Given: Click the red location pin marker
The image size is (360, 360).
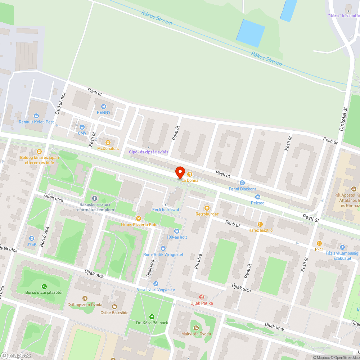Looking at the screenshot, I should click(180, 172).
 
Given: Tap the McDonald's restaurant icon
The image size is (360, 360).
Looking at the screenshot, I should click(108, 142).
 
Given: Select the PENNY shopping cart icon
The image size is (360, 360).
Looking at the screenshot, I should click(104, 106).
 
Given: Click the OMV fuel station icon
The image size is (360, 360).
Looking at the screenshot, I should click(82, 127).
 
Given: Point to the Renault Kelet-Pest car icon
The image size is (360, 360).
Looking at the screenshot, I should click(36, 116).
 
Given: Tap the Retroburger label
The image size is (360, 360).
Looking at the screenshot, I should click(207, 214).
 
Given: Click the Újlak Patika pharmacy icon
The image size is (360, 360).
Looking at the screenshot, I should click(202, 297).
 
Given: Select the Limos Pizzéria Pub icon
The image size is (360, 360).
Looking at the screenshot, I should click(138, 219).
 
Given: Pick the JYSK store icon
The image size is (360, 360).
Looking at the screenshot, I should click(32, 238).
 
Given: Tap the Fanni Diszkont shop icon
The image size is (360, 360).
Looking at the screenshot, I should click(242, 183).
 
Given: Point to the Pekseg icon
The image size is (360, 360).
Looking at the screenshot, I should click(257, 197).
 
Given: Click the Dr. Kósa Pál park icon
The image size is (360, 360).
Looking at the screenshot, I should click(152, 317).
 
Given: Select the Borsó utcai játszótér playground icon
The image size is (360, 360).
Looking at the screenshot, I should click(44, 287).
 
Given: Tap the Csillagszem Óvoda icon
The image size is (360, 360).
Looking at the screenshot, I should click(85, 298).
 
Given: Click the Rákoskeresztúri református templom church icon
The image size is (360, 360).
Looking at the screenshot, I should click(95, 198).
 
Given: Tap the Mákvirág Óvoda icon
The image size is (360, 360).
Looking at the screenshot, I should click(196, 328).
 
